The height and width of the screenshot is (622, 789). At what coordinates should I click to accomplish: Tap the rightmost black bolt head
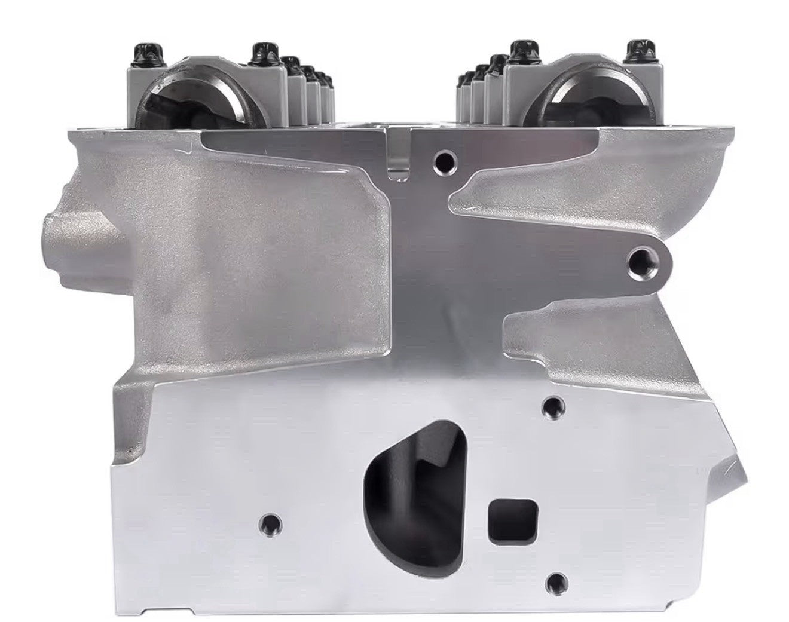click(635, 51)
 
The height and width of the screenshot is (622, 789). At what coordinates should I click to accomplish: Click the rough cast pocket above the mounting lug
click(550, 185)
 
